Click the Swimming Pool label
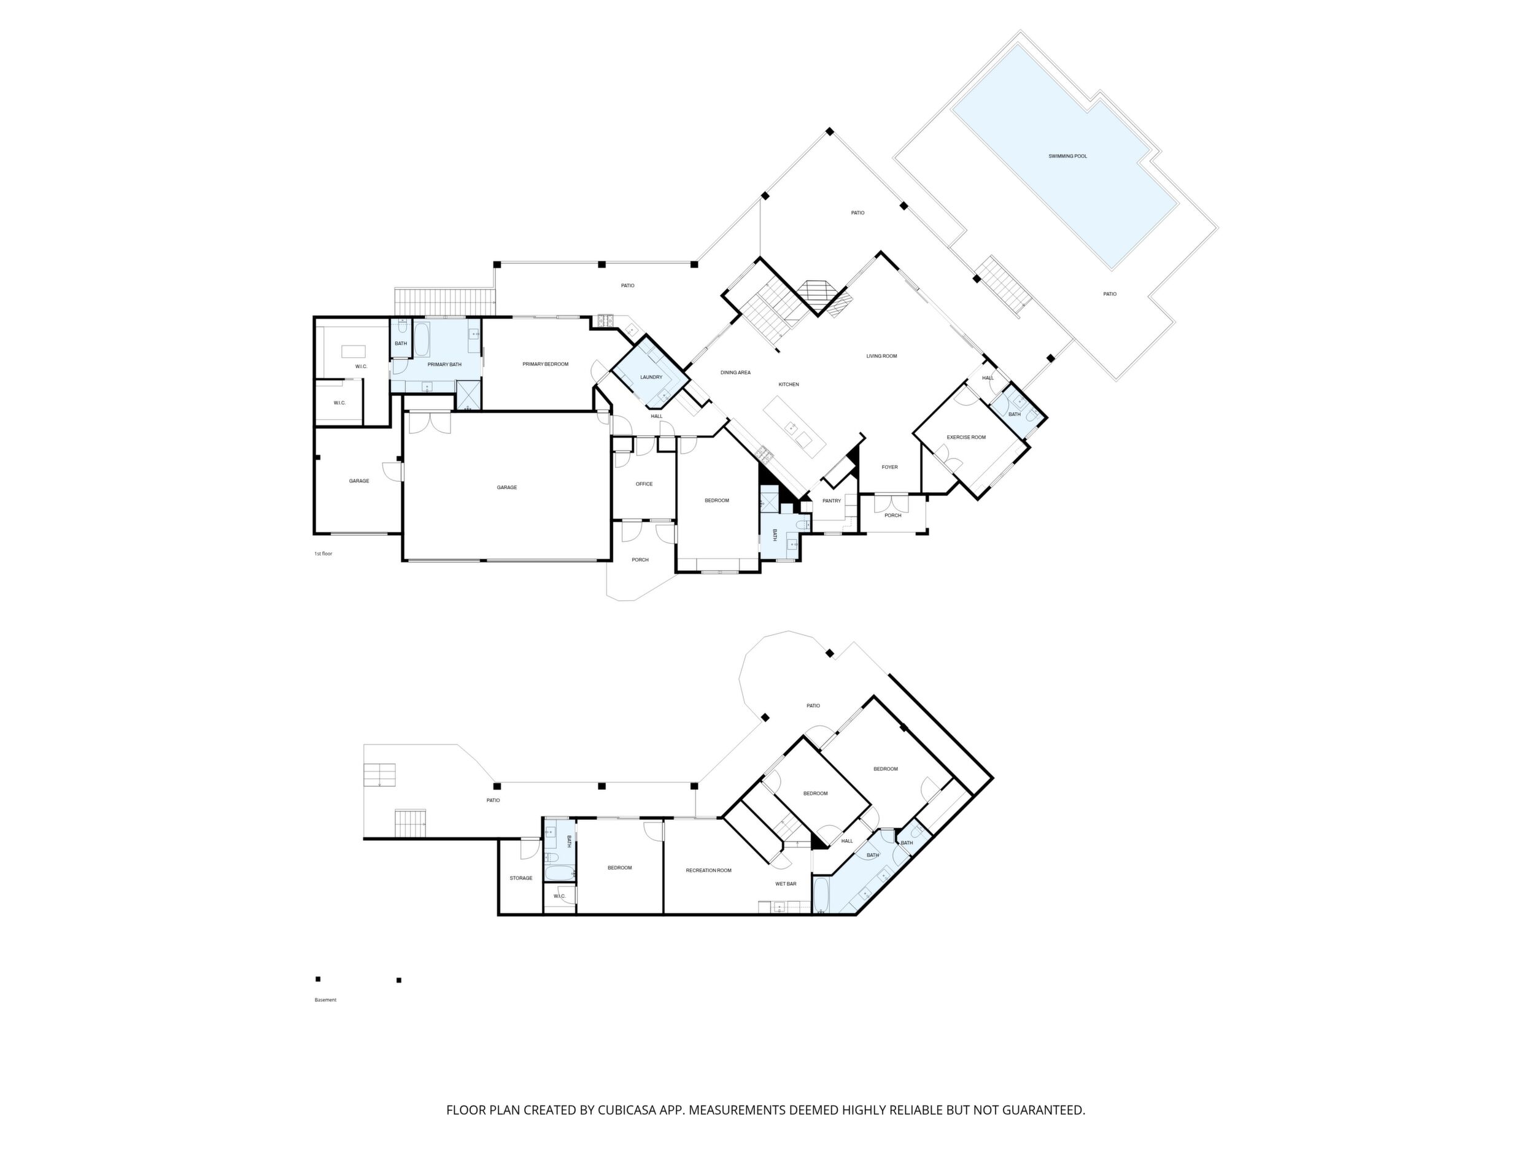click(x=1067, y=157)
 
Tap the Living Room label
click(x=881, y=356)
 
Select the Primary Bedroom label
click(x=545, y=365)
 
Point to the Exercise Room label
click(x=966, y=438)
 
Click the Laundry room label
click(x=651, y=377)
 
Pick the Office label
click(x=644, y=484)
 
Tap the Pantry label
click(x=832, y=501)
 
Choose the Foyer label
click(x=889, y=468)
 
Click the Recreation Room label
click(x=708, y=870)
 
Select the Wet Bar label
click(x=786, y=884)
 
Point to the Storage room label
click(x=521, y=878)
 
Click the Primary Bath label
click(x=444, y=365)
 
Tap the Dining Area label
click(x=735, y=373)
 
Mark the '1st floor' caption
click(x=323, y=554)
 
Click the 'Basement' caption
click(x=325, y=1000)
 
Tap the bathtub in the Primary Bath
click(x=422, y=339)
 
